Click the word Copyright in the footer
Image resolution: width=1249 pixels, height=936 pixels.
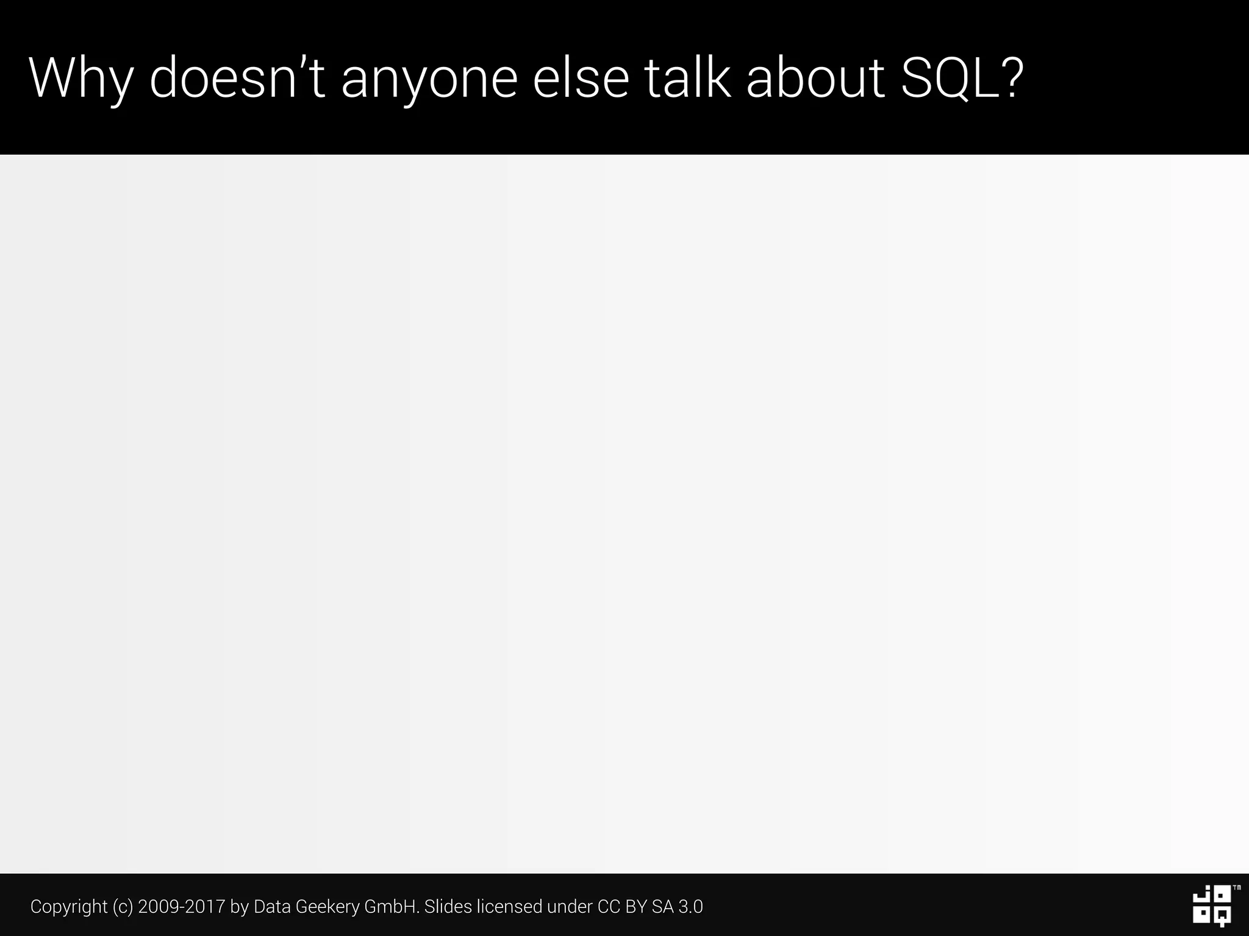coord(69,907)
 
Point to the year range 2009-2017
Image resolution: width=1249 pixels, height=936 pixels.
coord(182,907)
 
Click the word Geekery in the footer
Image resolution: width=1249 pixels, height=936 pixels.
coord(327,907)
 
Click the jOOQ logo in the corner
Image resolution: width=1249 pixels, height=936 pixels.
coord(1211,907)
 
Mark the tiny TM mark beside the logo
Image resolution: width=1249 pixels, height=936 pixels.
coord(1236,888)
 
